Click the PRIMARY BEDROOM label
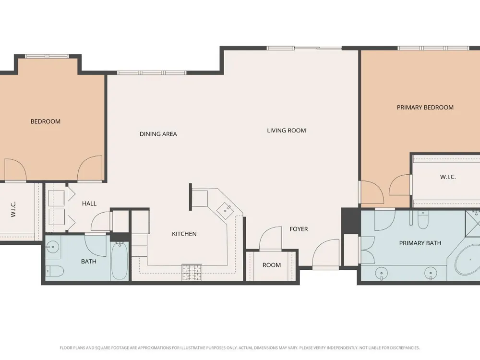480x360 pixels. (425, 108)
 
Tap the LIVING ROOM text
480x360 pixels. (287, 131)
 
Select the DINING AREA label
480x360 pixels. (158, 134)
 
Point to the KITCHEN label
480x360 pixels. (184, 234)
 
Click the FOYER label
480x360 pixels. (299, 229)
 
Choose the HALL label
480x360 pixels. (89, 204)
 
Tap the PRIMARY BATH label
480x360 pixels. (420, 243)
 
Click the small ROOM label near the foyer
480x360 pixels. (272, 265)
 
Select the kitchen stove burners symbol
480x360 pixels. (192, 273)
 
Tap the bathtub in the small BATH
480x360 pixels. (120, 261)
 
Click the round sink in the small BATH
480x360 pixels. (54, 246)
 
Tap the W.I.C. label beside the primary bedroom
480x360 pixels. (448, 177)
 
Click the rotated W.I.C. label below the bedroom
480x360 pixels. (13, 209)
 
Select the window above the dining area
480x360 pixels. (152, 73)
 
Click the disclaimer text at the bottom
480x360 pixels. (240, 348)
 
